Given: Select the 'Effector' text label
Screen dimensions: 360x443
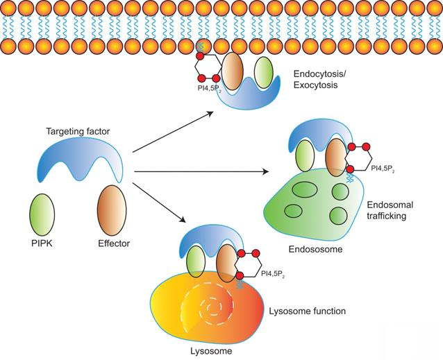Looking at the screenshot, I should coord(113,243).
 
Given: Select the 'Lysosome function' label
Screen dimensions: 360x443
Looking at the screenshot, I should coord(306,311).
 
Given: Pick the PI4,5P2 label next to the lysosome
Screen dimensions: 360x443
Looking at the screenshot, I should coord(275,273).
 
